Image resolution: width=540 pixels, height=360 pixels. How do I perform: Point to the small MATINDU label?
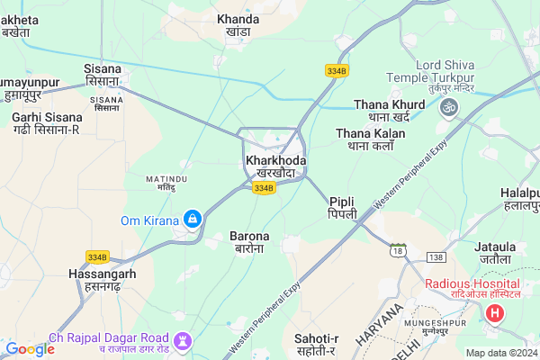(166, 179)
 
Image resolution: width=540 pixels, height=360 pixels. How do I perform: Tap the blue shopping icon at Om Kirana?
(192, 219)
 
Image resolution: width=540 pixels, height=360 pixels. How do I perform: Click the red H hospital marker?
(494, 314)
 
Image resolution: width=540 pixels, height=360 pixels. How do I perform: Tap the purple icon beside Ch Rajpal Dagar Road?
(184, 340)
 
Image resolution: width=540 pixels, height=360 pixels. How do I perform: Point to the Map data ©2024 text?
(500, 353)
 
